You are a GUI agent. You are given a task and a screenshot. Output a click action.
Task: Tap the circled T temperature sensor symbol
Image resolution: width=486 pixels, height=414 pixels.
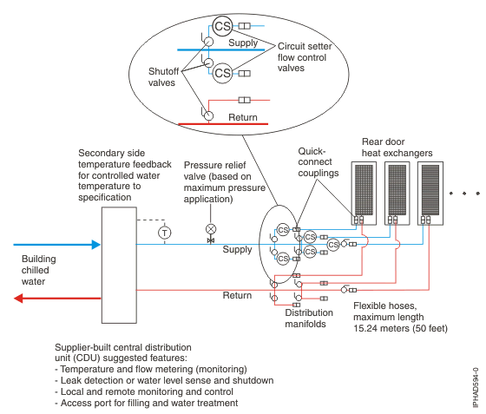[x=165, y=232]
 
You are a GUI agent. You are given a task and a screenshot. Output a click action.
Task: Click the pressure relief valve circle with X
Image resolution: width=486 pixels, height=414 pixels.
[x=210, y=229]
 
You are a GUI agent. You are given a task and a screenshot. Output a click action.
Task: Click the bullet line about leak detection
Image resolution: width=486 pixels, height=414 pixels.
[x=164, y=380]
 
